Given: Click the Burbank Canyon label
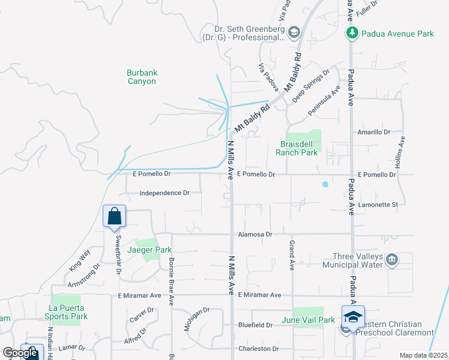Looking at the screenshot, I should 142,77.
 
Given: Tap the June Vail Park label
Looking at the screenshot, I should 308,320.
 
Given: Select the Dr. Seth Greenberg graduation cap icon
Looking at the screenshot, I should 294,32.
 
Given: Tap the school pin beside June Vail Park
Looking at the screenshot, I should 353,317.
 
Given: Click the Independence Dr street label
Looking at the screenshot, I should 164,193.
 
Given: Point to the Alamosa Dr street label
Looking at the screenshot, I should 255,235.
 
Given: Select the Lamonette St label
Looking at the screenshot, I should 378,205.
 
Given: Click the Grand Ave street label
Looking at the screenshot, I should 292,256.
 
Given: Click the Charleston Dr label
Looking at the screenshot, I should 259,349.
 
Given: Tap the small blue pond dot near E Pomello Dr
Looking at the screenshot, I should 325,184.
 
